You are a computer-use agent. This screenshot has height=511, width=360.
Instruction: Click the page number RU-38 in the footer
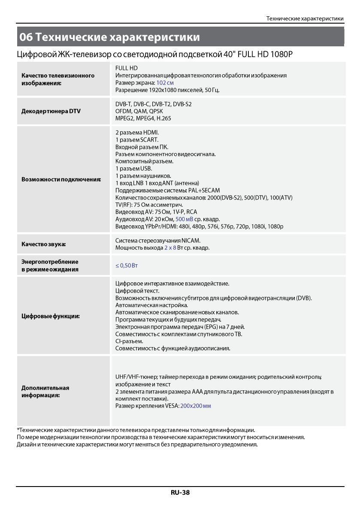tap(180, 493)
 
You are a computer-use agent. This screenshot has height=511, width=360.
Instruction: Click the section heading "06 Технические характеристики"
tap(110, 37)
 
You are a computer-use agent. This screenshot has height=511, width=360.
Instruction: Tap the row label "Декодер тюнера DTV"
tap(51, 111)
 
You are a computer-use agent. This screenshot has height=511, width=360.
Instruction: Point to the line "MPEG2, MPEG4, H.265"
tap(143, 118)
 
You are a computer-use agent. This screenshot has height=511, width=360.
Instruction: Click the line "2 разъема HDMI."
tap(137, 133)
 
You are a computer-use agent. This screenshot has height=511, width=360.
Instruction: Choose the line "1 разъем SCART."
tap(137, 140)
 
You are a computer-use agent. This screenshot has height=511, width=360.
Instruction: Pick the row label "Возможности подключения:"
tap(61, 179)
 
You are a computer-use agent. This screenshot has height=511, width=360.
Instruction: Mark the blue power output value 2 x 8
tap(170, 248)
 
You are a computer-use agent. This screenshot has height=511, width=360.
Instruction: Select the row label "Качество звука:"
tap(44, 245)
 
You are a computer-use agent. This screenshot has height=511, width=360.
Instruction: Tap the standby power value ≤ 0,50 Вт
tap(127, 266)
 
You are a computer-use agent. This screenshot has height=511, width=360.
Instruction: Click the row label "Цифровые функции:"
tap(51, 316)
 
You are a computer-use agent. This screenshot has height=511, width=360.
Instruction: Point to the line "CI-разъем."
tap(129, 341)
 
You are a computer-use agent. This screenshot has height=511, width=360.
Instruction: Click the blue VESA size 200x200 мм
tap(196, 405)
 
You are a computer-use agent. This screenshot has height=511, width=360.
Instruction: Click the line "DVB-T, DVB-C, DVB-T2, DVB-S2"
tap(154, 104)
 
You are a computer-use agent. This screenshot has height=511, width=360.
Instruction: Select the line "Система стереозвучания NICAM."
tap(158, 241)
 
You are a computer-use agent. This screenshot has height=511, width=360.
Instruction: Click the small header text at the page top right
tap(305, 19)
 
